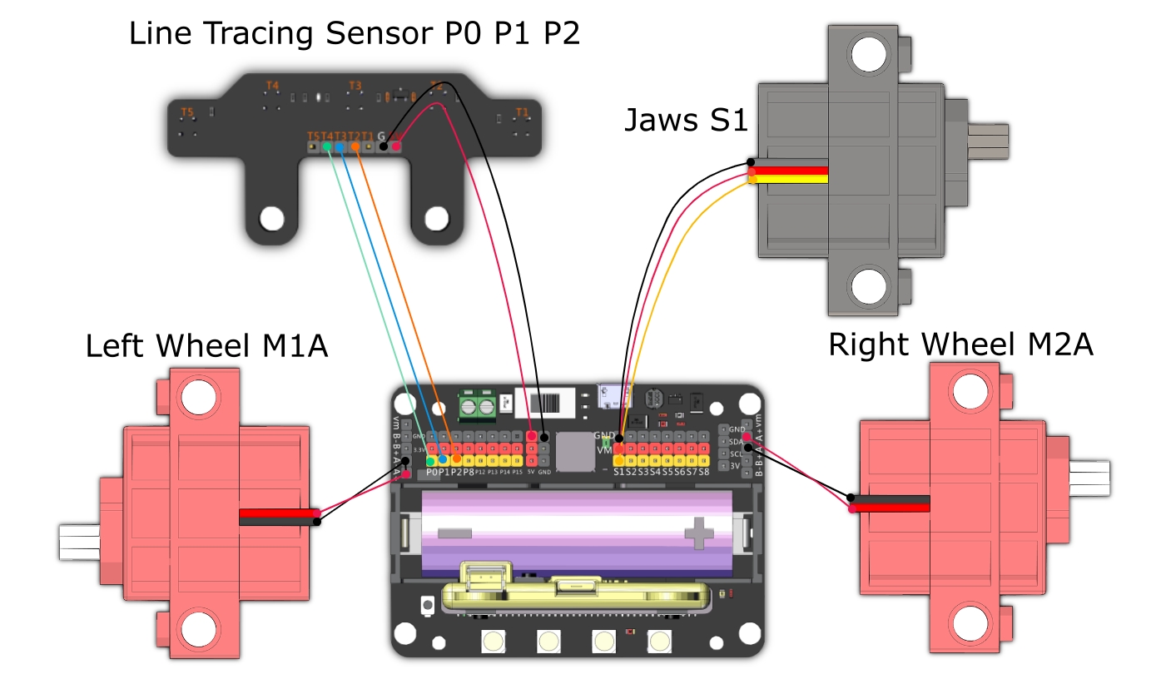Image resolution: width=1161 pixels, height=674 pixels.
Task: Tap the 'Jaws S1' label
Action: tap(685, 121)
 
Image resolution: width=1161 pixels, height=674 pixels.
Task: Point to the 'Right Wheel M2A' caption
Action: tap(960, 344)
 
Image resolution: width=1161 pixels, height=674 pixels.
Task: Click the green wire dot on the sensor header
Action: tap(327, 147)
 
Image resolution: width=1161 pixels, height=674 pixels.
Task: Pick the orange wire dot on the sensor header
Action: tap(355, 147)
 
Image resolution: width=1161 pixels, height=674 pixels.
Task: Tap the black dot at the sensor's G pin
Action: tap(383, 147)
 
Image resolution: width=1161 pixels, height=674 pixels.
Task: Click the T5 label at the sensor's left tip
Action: tap(187, 112)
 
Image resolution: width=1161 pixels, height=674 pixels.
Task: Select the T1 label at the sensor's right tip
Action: tap(522, 112)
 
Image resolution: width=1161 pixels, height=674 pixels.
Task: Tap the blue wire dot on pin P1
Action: tap(444, 459)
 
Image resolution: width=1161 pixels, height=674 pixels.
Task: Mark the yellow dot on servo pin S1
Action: tap(619, 460)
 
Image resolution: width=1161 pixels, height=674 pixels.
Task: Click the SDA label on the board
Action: tap(736, 441)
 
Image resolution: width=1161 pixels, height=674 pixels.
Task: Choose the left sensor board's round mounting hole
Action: tap(271, 219)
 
